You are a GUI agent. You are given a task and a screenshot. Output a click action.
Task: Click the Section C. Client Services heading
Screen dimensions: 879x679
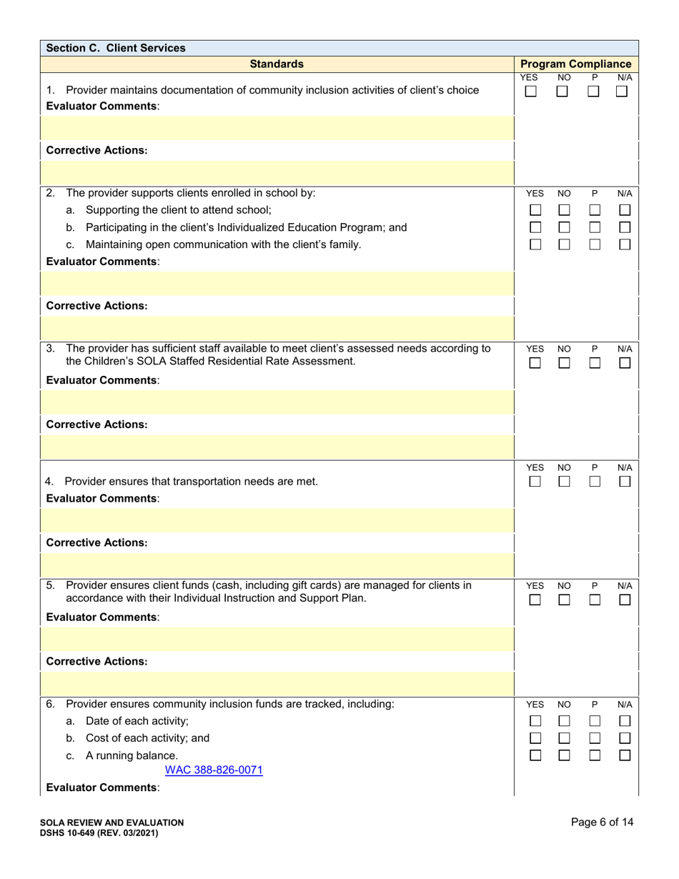(115, 48)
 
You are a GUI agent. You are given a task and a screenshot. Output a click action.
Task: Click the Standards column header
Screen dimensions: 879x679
(277, 64)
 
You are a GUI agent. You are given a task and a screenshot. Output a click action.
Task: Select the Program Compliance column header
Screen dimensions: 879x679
(576, 64)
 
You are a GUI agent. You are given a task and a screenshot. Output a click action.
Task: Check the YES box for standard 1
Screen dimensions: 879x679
(531, 91)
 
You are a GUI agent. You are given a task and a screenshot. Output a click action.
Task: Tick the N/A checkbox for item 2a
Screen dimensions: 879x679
(625, 211)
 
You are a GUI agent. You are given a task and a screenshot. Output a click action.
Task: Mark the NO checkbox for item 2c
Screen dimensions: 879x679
(564, 244)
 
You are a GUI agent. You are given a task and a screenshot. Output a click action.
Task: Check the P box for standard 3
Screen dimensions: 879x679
(595, 363)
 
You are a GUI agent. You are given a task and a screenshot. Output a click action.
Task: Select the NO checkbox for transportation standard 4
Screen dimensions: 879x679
(564, 482)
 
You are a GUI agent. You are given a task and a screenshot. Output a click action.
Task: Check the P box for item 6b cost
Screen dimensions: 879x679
(595, 738)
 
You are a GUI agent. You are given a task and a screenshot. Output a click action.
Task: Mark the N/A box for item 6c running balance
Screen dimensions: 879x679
(625, 755)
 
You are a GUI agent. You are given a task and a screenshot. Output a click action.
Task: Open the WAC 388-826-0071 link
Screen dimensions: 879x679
(214, 770)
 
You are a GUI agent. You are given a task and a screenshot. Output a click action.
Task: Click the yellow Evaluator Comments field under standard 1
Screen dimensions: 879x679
(277, 128)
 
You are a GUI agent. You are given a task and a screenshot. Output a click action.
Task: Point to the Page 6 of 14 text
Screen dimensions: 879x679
(602, 822)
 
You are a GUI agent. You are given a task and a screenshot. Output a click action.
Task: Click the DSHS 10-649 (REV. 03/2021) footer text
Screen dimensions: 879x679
(99, 833)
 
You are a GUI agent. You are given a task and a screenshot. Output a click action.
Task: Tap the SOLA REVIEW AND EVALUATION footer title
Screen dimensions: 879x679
(111, 823)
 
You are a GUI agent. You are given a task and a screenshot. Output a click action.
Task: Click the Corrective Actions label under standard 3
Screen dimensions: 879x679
(96, 424)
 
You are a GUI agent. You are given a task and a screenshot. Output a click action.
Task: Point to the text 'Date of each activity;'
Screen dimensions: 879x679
(137, 721)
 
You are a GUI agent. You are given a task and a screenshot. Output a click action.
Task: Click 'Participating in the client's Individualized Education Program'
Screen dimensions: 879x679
(246, 227)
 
